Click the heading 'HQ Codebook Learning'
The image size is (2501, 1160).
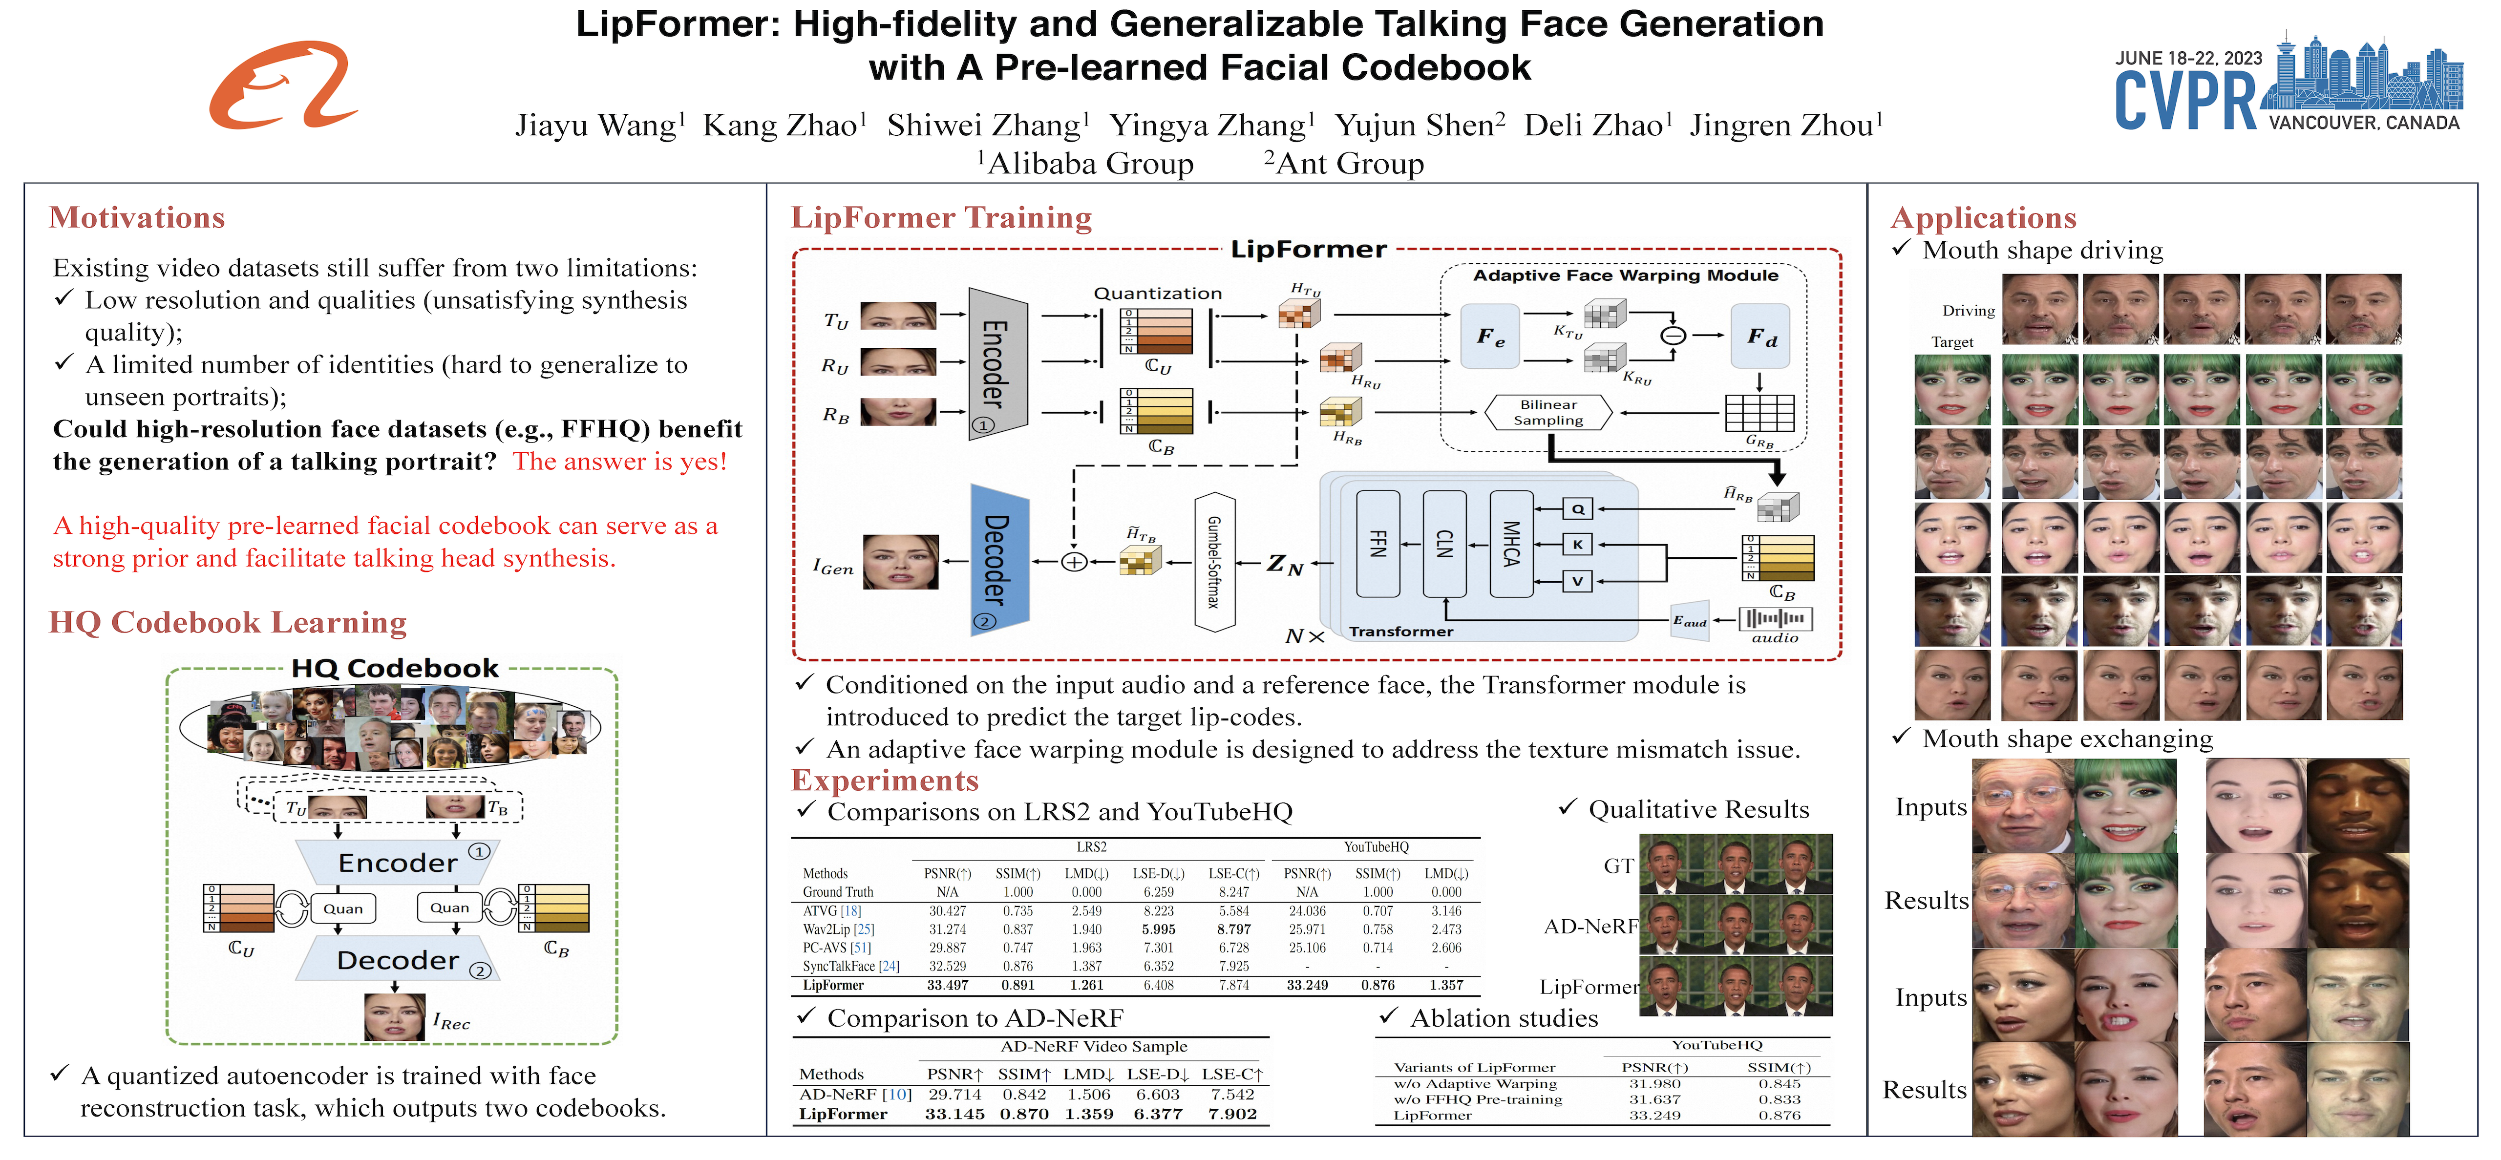pos(228,622)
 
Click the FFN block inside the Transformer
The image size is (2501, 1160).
pos(1377,544)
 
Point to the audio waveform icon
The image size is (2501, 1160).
pos(1775,618)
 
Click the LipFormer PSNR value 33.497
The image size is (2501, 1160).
pos(947,985)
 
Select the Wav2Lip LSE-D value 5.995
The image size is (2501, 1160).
pos(1158,929)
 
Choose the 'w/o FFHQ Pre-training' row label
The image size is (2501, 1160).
pos(1478,1099)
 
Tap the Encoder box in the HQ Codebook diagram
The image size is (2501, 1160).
pos(397,862)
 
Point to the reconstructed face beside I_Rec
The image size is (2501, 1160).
pos(393,1016)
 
